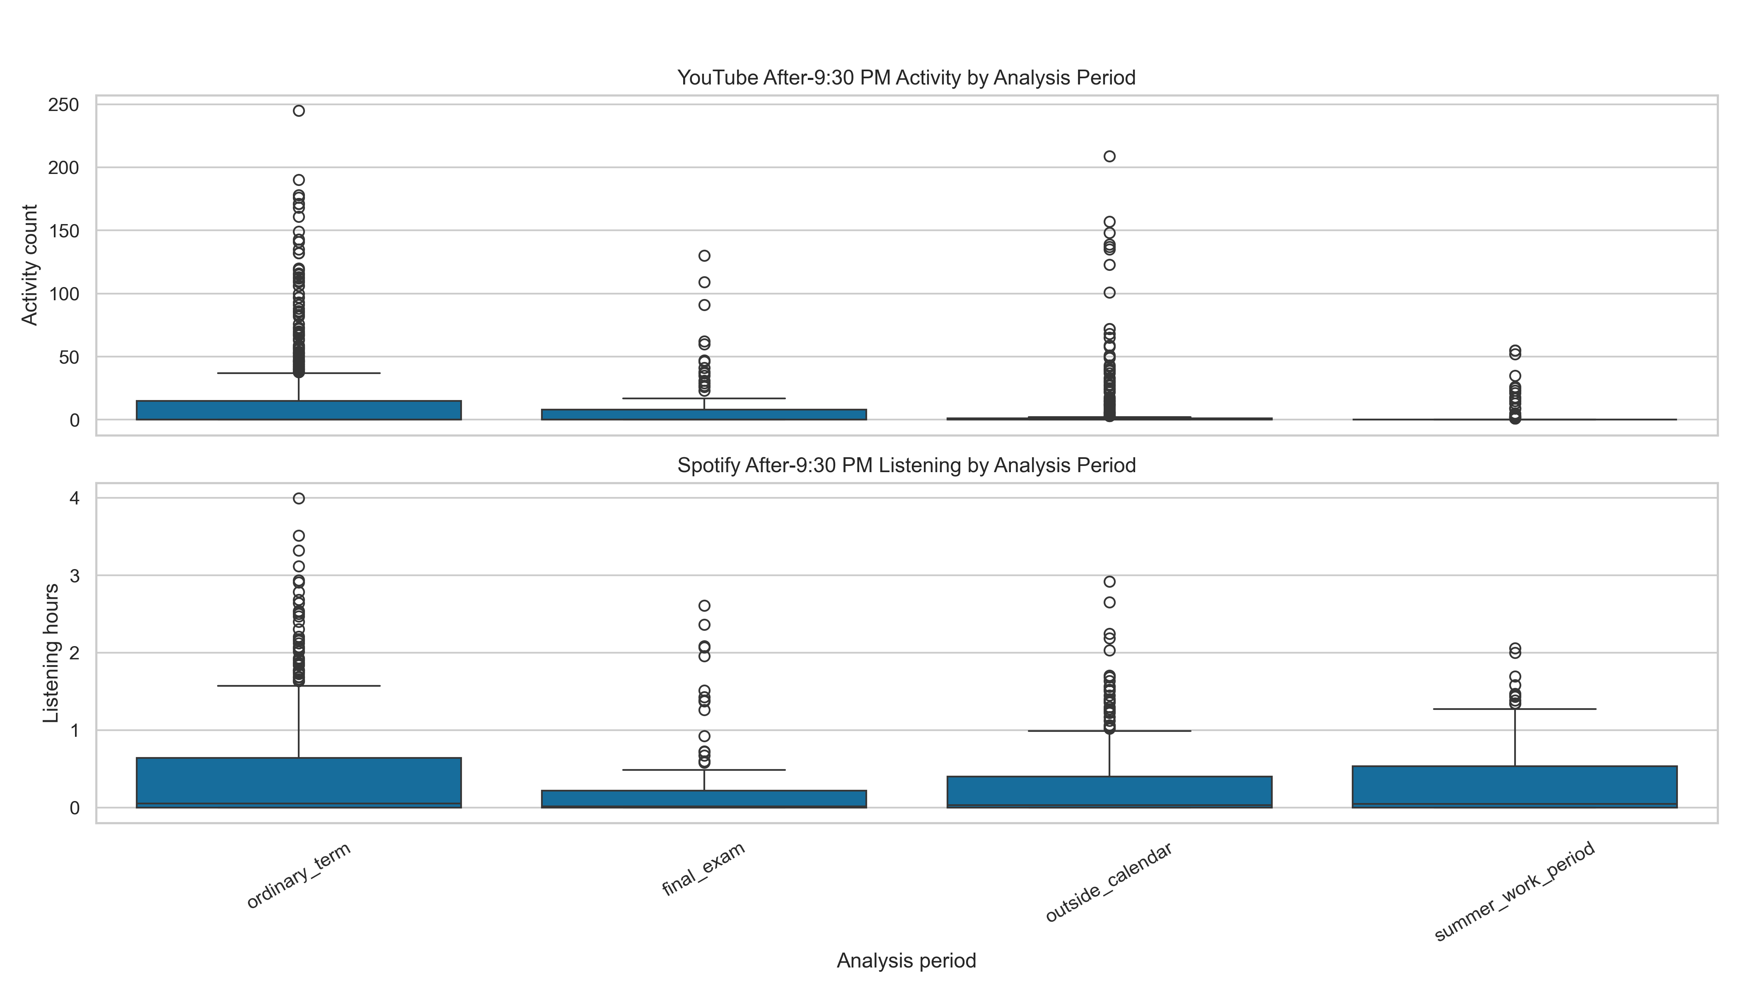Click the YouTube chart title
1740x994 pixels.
tap(906, 78)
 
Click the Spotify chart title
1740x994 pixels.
tap(906, 466)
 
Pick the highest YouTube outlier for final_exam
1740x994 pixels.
tap(704, 256)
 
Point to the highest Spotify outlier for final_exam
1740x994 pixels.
tap(704, 606)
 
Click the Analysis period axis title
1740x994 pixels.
tap(906, 960)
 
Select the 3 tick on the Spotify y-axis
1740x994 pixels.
tap(75, 576)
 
